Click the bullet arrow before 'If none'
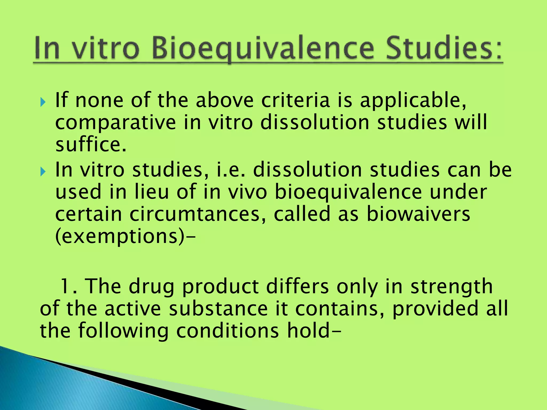(43, 102)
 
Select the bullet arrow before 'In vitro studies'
(43, 171)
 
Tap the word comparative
(115, 123)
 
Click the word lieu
(152, 192)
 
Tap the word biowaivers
(418, 214)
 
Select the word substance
(218, 309)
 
